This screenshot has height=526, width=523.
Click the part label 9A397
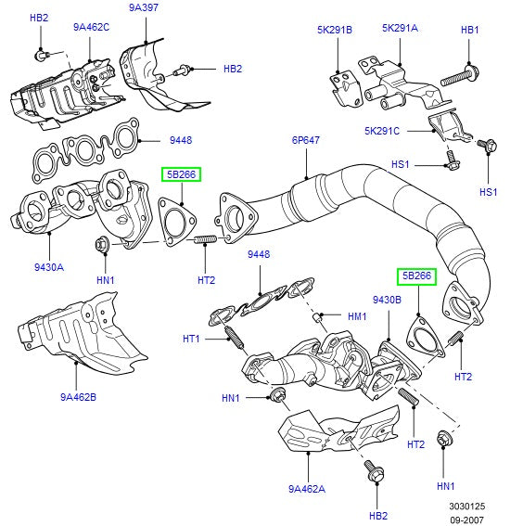pyautogui.click(x=144, y=8)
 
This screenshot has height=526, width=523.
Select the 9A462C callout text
pyautogui.click(x=91, y=27)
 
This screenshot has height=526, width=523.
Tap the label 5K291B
pyautogui.click(x=334, y=30)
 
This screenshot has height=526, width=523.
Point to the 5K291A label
pyautogui.click(x=400, y=28)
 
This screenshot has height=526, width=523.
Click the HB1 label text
pyautogui.click(x=470, y=30)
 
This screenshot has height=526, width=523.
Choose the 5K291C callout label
pyautogui.click(x=382, y=131)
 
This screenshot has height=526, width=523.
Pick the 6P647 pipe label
pyautogui.click(x=305, y=141)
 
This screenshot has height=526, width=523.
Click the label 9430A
pyautogui.click(x=48, y=266)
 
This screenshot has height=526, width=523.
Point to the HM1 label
pyautogui.click(x=357, y=316)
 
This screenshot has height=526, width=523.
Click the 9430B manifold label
pyautogui.click(x=387, y=300)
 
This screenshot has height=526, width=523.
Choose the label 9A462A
pyautogui.click(x=306, y=489)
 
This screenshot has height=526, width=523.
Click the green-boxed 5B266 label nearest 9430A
pyautogui.click(x=182, y=173)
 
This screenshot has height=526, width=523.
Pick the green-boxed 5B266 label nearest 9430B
pyautogui.click(x=416, y=276)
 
